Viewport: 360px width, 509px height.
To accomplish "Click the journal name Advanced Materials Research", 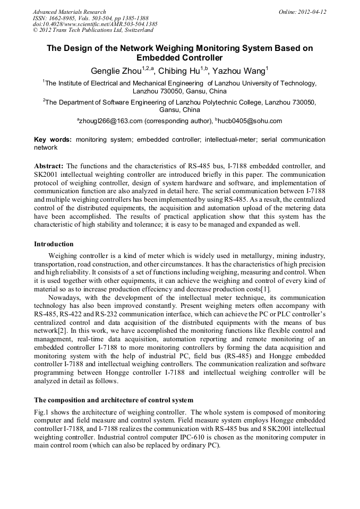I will [70, 12].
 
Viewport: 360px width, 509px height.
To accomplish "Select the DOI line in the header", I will [95, 24].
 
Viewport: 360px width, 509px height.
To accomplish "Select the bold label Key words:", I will [53, 140].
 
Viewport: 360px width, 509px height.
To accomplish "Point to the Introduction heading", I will [54, 244].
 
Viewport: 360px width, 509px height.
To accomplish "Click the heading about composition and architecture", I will [114, 400].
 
